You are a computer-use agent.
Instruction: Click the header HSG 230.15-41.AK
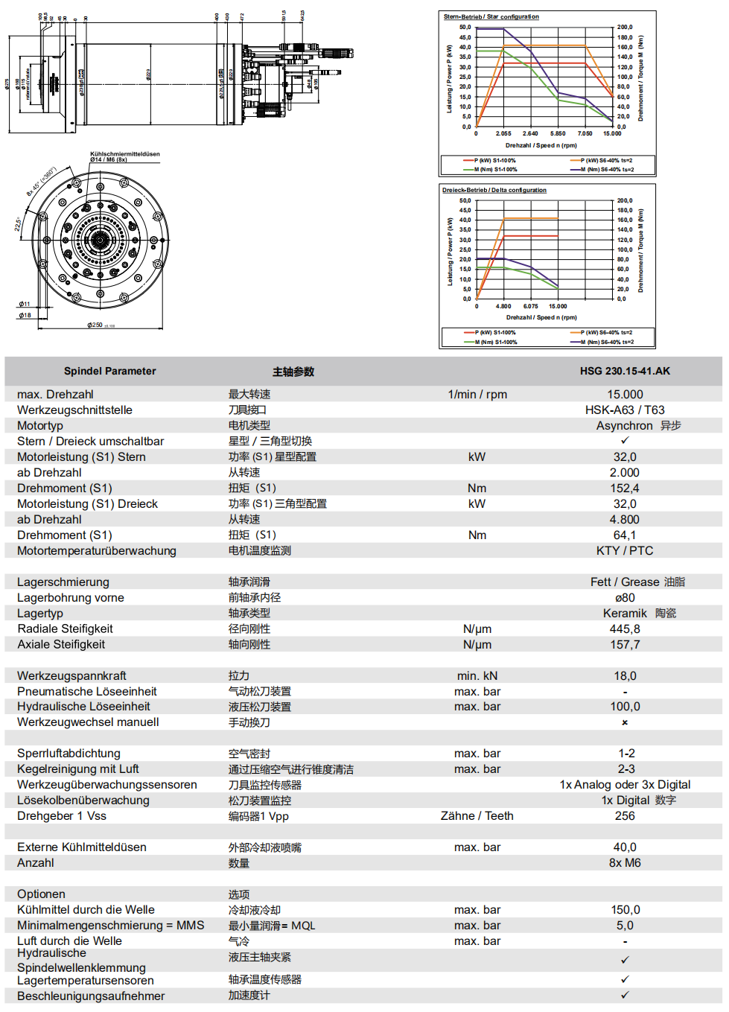click(x=625, y=371)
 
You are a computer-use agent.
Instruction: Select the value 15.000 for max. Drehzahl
click(x=625, y=395)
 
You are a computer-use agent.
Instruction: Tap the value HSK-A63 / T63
click(x=625, y=410)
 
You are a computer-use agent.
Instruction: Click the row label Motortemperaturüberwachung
click(x=97, y=551)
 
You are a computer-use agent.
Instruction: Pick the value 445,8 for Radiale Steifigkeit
click(x=625, y=629)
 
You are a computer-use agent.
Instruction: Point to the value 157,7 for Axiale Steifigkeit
click(x=625, y=645)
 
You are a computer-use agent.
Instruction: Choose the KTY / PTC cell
click(x=625, y=551)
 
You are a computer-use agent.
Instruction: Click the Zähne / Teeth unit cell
click(x=477, y=816)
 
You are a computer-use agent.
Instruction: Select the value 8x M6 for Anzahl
click(x=625, y=863)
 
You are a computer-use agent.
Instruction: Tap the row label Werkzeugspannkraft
click(x=72, y=676)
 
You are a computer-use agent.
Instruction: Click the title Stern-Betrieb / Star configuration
click(x=491, y=16)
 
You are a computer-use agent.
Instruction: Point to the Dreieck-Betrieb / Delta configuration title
click(x=494, y=190)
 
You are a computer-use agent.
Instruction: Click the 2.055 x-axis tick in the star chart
click(x=503, y=134)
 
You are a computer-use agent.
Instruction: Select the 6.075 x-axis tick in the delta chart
click(x=530, y=307)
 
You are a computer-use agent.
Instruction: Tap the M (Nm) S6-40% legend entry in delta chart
click(x=608, y=342)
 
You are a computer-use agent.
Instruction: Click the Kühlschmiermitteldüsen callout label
click(x=124, y=154)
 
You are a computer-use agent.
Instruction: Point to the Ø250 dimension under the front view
click(x=95, y=325)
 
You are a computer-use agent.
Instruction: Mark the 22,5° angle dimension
click(x=19, y=223)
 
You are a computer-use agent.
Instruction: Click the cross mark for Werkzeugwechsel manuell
click(x=625, y=722)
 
